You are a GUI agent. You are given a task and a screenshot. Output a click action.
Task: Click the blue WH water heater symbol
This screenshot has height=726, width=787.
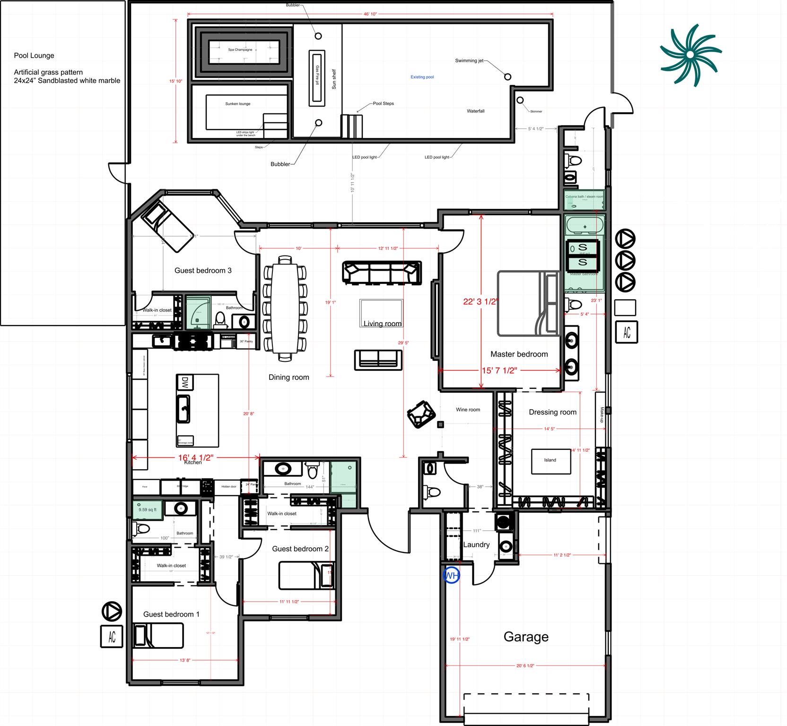pos(451,576)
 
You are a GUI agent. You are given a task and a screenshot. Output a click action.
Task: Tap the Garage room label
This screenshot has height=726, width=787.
pos(526,637)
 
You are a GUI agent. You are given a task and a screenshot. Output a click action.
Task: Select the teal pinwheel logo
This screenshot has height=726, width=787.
pos(691,55)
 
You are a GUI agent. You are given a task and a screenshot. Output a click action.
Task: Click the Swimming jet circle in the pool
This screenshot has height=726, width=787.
pos(507,77)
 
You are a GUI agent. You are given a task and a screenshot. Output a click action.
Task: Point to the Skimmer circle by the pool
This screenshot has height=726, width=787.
pos(520,100)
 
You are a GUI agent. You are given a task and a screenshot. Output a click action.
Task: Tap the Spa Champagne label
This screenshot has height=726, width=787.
pos(240,50)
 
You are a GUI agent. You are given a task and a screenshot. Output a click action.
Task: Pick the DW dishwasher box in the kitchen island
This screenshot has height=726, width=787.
pos(183,382)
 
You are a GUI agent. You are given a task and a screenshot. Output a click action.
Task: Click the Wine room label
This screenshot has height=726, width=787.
pos(468,410)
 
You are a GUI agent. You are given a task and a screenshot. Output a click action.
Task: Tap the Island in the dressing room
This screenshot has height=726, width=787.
pos(551,460)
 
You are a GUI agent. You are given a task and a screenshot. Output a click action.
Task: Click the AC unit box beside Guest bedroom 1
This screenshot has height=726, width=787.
pos(112,636)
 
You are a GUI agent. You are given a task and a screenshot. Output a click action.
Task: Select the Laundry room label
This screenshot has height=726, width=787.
pos(476,544)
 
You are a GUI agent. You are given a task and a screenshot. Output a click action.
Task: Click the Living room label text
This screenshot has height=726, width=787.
pos(382,324)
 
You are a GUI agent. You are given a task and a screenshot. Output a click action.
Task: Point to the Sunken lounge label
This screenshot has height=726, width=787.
pos(238,104)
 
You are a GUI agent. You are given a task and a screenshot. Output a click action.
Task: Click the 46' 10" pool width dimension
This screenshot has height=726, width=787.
pos(370,14)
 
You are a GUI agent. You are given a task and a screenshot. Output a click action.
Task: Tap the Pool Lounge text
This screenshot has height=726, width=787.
pos(34,55)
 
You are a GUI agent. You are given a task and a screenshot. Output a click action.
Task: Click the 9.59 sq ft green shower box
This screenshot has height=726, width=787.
pos(148,510)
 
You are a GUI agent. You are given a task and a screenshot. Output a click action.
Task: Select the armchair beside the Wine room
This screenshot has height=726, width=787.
pos(421,414)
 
